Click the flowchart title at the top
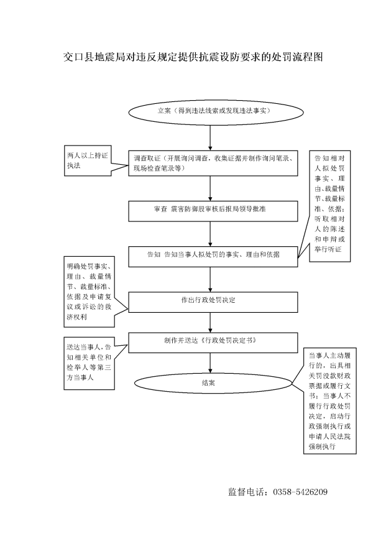[x=193, y=57]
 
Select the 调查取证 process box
[x=213, y=164]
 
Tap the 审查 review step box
[x=213, y=211]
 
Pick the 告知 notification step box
[x=213, y=257]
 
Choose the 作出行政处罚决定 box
[x=213, y=302]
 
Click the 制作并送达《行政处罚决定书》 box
[x=213, y=343]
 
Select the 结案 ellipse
[x=213, y=383]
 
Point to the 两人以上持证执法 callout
[x=88, y=160]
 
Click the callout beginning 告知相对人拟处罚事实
[x=329, y=206]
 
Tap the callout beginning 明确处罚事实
[x=89, y=292]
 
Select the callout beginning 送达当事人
[x=89, y=363]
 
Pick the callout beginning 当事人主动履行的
[x=329, y=400]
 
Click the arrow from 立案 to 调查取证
[x=210, y=138]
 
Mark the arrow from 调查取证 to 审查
[x=210, y=188]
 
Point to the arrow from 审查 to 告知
[x=210, y=234]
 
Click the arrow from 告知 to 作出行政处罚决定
[x=210, y=279]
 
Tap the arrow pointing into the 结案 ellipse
[x=210, y=363]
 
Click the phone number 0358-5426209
[x=300, y=492]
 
